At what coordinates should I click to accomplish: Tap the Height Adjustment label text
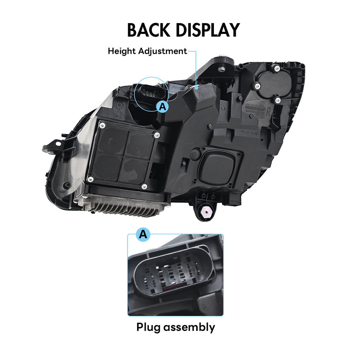pos(147,51)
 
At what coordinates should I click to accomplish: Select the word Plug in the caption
pos(148,327)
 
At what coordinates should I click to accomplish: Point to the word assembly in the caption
pos(189,328)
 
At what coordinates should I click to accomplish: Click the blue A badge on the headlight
pos(163,106)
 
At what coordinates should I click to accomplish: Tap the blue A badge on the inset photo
pos(143,234)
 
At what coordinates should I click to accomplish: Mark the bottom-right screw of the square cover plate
pos(144,186)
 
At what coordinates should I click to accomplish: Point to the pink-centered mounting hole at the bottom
pos(206,212)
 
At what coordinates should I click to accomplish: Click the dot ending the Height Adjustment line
pos(197,87)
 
